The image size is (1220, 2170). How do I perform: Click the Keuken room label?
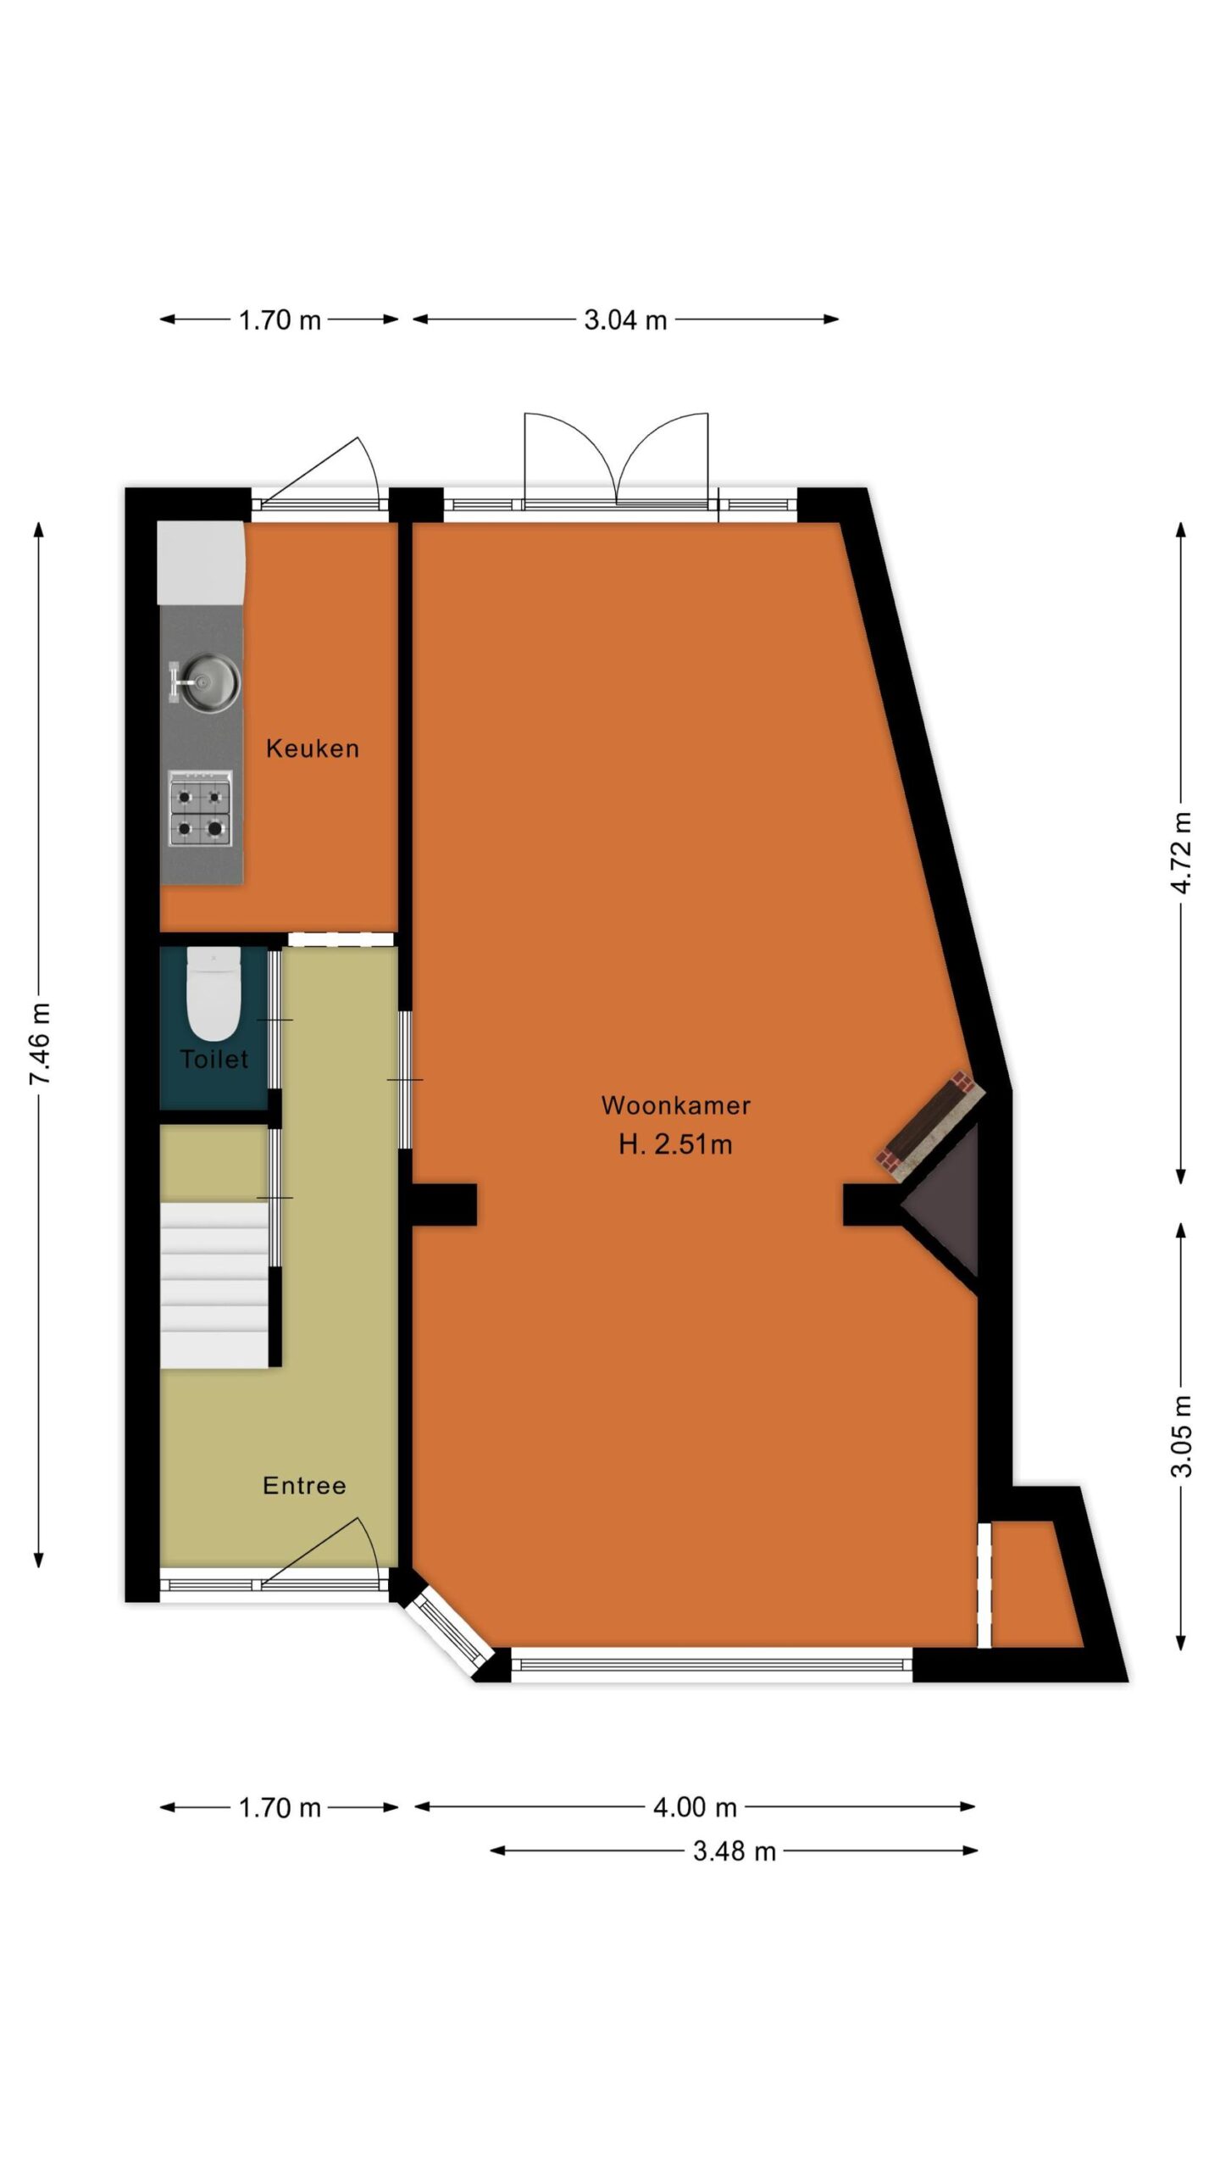coord(313,748)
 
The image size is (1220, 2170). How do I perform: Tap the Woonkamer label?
coord(675,1105)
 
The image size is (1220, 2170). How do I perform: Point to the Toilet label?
coord(214,1059)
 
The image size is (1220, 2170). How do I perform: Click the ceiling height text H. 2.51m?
coord(675,1144)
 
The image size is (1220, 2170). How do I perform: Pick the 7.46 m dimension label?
coord(40,1043)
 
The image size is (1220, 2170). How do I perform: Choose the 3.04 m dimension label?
coord(625,320)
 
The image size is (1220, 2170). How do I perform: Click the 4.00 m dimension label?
coord(695,1808)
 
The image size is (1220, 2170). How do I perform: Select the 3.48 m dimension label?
coord(735,1851)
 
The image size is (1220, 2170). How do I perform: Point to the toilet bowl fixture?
coord(213,995)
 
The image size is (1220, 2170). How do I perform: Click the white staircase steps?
coord(214,1285)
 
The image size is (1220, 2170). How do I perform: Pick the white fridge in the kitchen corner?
coord(201,563)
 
